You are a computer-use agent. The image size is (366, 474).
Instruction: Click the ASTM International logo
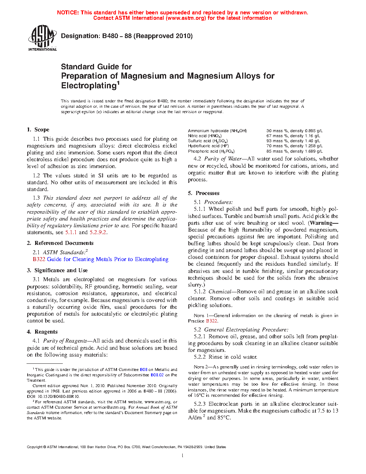(42, 37)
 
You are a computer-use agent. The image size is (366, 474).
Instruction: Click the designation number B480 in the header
(110, 36)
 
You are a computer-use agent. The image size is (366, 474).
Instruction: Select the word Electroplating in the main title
(88, 85)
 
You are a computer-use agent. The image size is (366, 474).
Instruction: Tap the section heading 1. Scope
(38, 130)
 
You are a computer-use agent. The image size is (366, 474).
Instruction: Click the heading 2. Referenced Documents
(60, 243)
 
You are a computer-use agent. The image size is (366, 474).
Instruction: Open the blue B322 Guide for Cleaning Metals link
(100, 259)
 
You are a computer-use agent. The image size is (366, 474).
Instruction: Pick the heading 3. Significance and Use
(57, 270)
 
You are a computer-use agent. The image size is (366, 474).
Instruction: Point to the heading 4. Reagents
(42, 332)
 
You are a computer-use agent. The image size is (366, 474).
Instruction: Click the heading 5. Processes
(203, 193)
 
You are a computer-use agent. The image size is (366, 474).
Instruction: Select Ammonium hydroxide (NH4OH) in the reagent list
(217, 131)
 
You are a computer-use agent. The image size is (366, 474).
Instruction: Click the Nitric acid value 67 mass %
(278, 136)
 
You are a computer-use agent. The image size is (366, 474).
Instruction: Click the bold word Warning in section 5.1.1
(324, 223)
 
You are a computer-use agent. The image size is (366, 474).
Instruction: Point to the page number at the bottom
(183, 456)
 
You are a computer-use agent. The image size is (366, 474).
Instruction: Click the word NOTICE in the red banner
(68, 13)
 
